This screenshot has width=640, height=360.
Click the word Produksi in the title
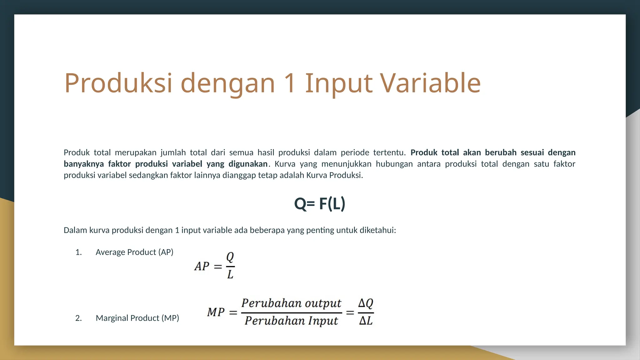point(118,83)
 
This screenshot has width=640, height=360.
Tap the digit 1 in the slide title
point(290,83)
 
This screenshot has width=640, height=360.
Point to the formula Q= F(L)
point(319,204)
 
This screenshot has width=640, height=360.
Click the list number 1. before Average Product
point(78,252)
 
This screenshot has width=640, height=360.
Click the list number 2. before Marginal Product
point(78,318)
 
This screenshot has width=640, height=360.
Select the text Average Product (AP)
point(134,252)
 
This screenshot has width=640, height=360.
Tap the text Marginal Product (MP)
point(137,318)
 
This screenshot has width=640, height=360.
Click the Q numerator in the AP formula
point(230,257)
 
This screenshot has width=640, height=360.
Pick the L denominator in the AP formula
point(230,275)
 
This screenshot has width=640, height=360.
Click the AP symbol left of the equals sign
point(202,266)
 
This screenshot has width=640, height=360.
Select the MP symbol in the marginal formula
point(216,312)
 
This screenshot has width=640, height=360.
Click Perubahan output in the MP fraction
point(291,303)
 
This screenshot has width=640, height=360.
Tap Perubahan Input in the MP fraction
point(291,321)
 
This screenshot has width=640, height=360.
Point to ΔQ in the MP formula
point(366,303)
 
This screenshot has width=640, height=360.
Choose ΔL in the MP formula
point(366,321)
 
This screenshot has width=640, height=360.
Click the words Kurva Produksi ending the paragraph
point(334,175)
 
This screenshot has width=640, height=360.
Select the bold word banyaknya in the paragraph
point(84,164)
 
